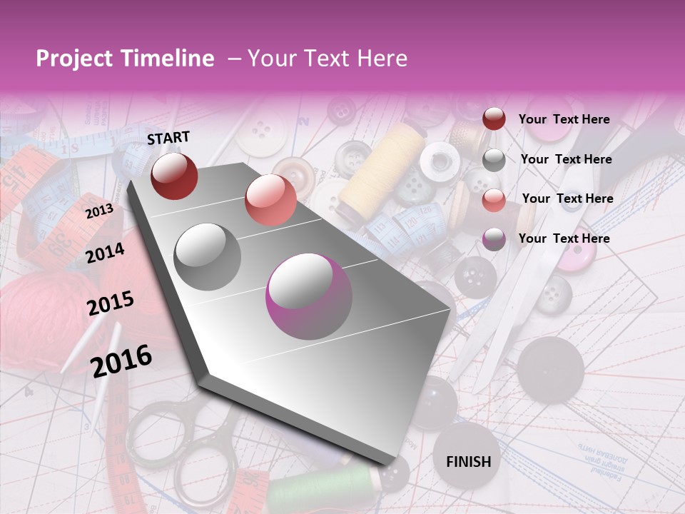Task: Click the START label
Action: tap(168, 138)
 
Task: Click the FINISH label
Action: tap(468, 461)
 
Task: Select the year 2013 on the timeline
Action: tap(99, 211)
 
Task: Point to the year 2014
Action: tap(106, 253)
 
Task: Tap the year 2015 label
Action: tap(111, 303)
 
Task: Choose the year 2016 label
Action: tap(121, 361)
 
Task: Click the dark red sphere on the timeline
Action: tap(174, 176)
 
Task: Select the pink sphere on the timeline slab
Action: tap(270, 200)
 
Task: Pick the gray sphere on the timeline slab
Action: tap(208, 257)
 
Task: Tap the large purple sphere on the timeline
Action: tap(309, 296)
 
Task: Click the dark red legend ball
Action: tap(494, 119)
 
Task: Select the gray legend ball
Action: tap(494, 160)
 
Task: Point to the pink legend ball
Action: tap(494, 200)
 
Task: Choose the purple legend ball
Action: tap(494, 239)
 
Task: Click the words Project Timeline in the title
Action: tap(125, 59)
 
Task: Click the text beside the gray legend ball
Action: tap(566, 159)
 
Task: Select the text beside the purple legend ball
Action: tap(564, 238)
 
